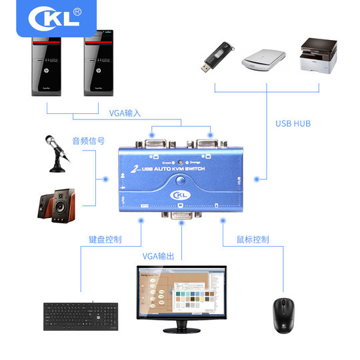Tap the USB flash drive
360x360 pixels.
217,57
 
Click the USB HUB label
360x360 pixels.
293,123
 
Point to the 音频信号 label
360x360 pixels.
88,141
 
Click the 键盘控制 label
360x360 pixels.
105,239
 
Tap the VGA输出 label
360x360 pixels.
159,255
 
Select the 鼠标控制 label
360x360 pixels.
253,239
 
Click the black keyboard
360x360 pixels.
82,316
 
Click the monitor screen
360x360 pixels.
181,293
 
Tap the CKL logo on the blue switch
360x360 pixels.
178,194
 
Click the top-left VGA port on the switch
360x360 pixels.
153,142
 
